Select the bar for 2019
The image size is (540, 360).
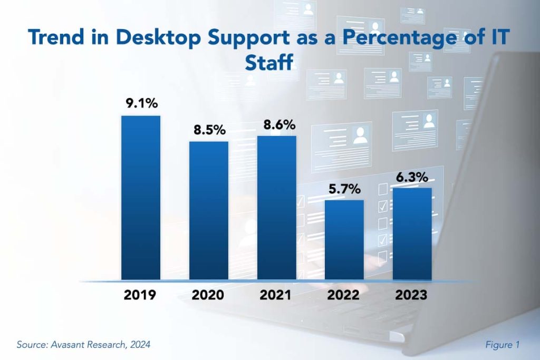141,197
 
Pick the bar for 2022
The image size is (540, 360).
344,239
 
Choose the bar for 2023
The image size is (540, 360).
412,233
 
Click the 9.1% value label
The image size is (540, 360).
141,104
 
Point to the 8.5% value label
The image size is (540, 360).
209,130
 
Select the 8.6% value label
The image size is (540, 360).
277,125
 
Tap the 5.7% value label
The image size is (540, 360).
345,189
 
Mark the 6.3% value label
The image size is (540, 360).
413,177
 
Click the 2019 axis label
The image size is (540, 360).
140,295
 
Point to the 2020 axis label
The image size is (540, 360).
208,295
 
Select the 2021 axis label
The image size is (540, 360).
275,295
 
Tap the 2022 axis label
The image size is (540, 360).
344,295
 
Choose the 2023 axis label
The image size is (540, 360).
411,295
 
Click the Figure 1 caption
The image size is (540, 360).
502,345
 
